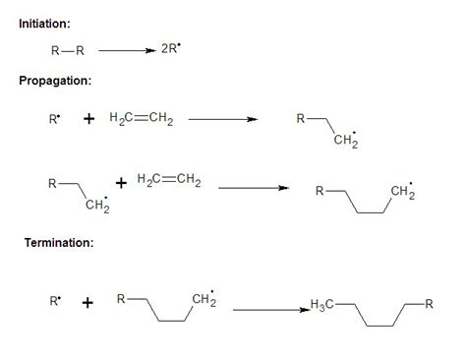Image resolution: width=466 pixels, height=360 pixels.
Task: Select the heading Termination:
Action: pos(59,243)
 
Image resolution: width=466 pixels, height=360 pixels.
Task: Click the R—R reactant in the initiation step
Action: pos(66,50)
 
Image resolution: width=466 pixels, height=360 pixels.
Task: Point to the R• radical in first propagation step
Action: pos(55,120)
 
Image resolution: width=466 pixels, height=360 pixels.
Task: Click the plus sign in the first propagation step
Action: pos(90,120)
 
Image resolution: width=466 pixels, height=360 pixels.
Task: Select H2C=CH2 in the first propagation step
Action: pos(142,120)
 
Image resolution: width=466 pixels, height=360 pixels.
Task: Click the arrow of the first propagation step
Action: pos(222,120)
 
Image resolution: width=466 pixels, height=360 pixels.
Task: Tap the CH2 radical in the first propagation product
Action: pos(344,144)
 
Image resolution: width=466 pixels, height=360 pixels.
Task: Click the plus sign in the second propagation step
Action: pos(121,183)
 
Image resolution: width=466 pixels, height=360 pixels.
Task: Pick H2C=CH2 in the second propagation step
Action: pos(167,179)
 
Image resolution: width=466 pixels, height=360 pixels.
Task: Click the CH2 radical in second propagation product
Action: pos(403,190)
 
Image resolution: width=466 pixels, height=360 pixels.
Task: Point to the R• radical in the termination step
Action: pos(55,302)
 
